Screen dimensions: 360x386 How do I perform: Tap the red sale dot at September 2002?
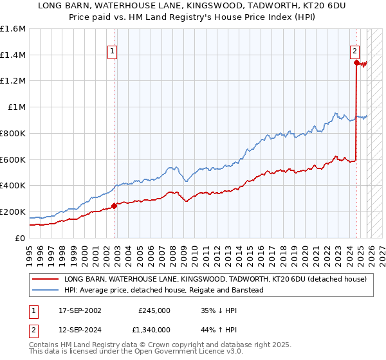115,206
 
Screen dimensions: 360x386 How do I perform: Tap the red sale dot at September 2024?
356,62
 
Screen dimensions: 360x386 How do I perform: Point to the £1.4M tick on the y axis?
13,55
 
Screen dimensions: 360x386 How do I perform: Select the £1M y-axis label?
16,107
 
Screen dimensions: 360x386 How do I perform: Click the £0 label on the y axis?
21,238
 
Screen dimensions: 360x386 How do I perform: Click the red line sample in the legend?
46,280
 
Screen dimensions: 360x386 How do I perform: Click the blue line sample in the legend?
46,290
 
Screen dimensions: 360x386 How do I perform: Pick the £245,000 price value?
154,310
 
